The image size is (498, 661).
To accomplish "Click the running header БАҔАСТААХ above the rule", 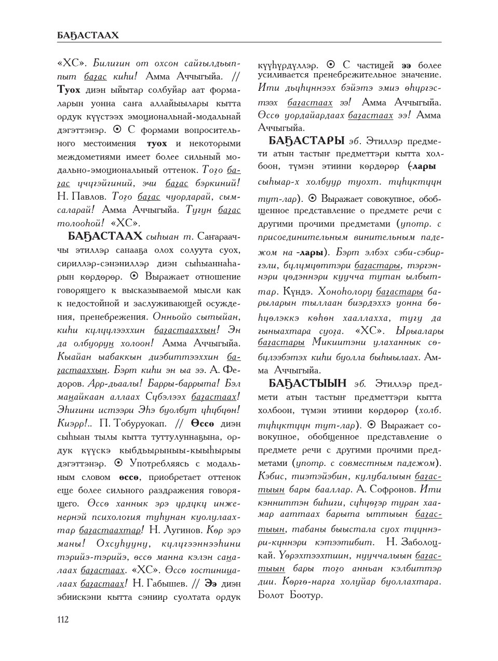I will (88, 35).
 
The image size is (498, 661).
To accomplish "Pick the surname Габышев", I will (161, 584).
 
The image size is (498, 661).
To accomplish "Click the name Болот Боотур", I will (290, 595).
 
